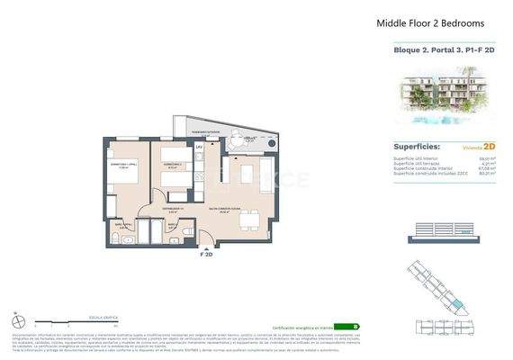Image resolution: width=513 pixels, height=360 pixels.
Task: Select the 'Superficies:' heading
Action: [x=417, y=144]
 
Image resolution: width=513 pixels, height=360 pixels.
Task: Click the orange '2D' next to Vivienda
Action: [x=490, y=145]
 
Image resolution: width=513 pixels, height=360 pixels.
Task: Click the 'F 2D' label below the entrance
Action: [x=205, y=255]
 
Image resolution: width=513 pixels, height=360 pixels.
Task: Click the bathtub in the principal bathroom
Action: [x=125, y=240]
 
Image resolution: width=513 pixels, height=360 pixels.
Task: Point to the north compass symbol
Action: [x=19, y=320]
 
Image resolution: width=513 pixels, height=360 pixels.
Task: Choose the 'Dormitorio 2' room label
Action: [x=173, y=165]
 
